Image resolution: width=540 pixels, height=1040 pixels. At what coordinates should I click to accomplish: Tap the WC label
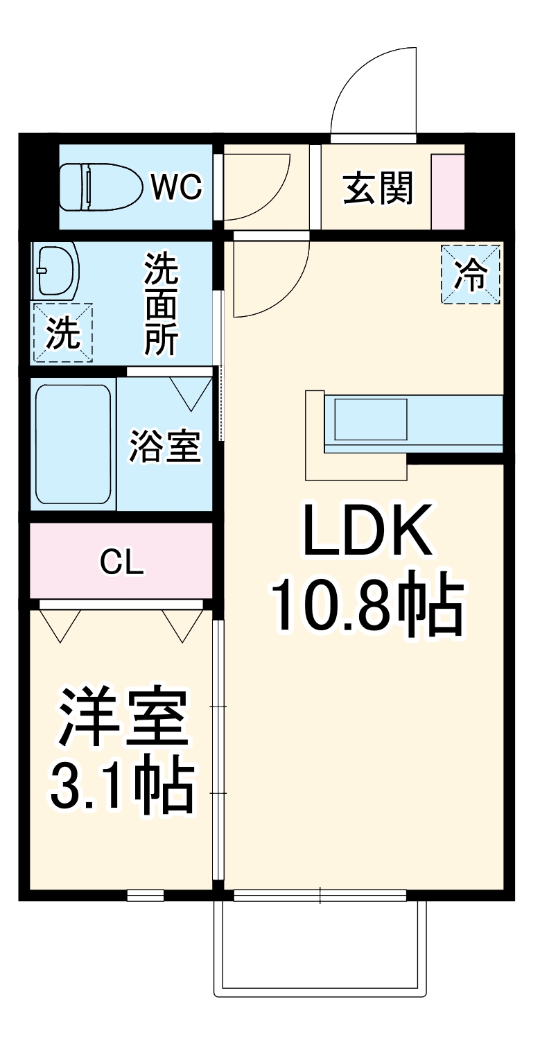pos(177,187)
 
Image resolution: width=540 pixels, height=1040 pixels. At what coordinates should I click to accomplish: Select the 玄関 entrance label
pos(378,188)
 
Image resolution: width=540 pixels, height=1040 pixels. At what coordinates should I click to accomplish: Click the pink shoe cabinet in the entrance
pos(448,191)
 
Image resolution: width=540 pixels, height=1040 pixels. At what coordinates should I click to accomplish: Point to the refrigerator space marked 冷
pos(471,274)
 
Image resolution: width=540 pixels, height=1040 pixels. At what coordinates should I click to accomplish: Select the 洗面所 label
pos(162,304)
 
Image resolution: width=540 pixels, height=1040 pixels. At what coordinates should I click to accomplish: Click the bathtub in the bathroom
pos(73,444)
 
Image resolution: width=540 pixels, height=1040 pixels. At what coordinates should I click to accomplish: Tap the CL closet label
pos(122,562)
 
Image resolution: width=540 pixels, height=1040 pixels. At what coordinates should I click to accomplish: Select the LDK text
pos(367,531)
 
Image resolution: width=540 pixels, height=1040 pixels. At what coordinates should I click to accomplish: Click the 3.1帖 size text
pos(121,787)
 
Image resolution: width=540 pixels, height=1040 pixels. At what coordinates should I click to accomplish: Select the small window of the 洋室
pos(146,895)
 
